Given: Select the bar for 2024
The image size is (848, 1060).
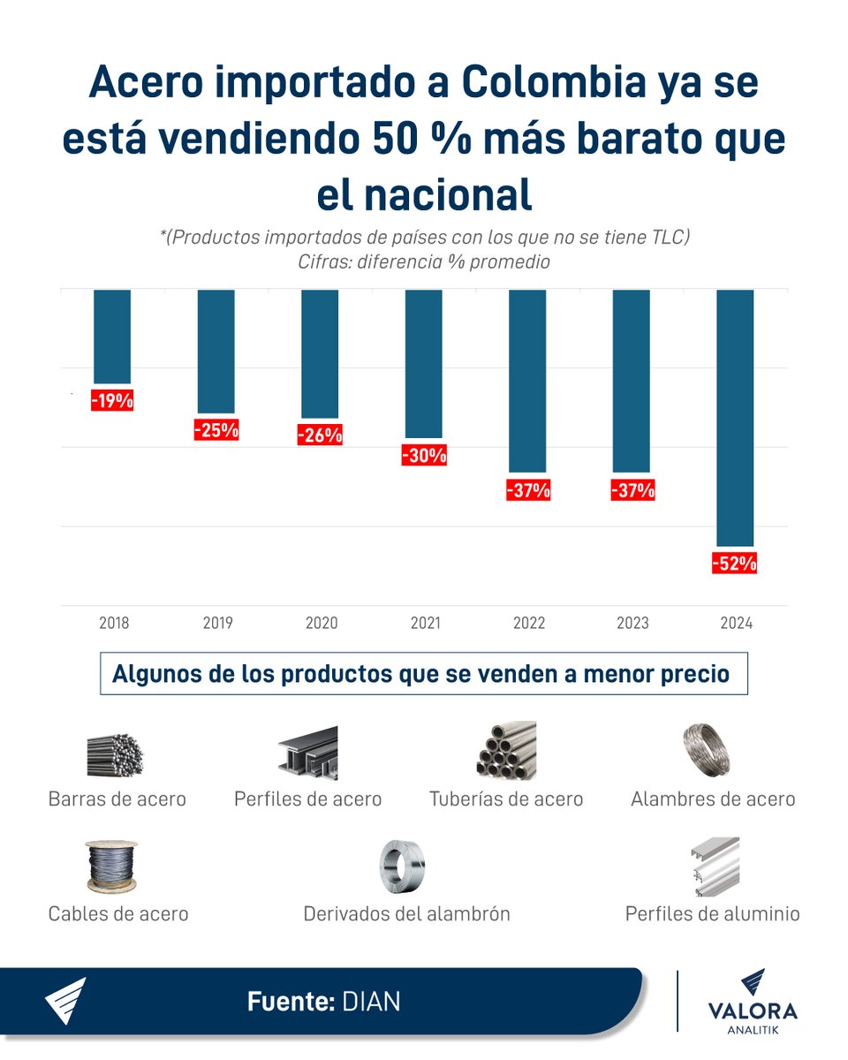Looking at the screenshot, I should click(735, 417).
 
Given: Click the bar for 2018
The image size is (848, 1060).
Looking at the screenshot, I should click(112, 336).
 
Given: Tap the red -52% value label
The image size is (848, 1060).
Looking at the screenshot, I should click(734, 563).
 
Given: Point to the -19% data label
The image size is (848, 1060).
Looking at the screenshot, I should click(112, 400).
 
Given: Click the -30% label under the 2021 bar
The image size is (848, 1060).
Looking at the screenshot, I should click(424, 456).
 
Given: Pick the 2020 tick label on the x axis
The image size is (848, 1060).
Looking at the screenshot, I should click(322, 623).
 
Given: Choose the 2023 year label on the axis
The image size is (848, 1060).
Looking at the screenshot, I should click(632, 623).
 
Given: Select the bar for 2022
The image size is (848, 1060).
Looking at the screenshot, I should click(527, 380).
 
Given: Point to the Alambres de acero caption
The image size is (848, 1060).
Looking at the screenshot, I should click(713, 799).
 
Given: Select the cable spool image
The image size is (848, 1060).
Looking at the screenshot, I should click(112, 867).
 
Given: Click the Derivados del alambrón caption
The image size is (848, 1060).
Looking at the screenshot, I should click(406, 914).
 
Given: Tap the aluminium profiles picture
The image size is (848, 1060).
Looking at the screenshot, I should click(714, 866).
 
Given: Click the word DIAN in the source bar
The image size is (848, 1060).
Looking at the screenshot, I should click(371, 1002).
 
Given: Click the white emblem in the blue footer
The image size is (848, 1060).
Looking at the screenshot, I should click(66, 1001).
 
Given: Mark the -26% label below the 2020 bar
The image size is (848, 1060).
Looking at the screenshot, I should click(320, 435).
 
